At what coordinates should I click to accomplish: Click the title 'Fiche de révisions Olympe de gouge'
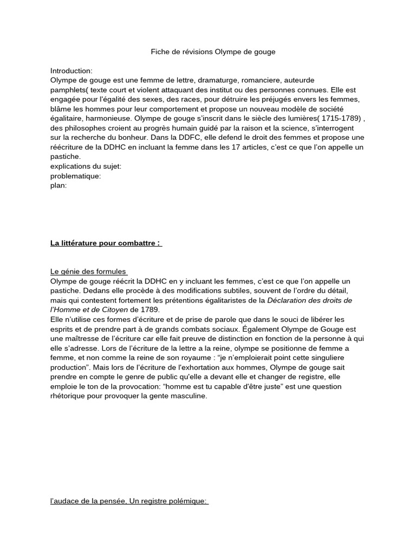tap(213, 52)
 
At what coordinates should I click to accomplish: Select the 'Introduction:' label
tap(71, 71)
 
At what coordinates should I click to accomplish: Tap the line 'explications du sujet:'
tap(86, 166)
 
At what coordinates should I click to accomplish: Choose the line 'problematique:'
tap(76, 176)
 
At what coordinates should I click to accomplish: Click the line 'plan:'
tap(58, 185)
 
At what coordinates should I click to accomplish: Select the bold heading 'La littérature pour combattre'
tap(106, 243)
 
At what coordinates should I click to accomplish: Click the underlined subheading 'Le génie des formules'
tap(88, 272)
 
